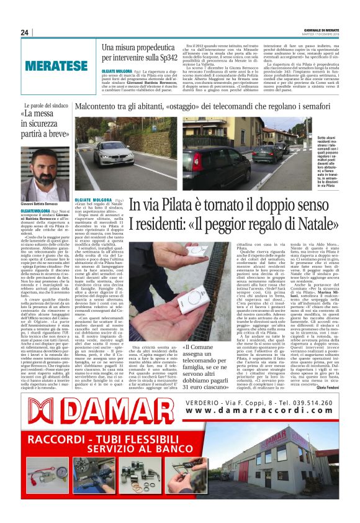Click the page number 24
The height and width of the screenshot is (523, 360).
25,32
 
